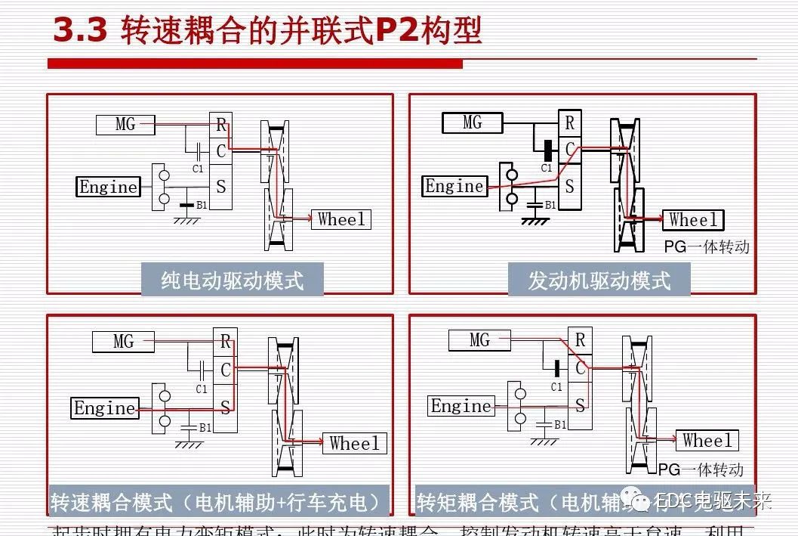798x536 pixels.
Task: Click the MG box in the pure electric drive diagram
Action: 125,124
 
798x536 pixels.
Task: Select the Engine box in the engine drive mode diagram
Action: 454,186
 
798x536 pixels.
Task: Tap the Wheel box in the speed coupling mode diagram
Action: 354,443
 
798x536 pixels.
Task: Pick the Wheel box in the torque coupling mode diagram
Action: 707,440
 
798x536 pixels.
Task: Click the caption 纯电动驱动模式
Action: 232,280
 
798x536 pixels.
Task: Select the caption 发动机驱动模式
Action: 599,280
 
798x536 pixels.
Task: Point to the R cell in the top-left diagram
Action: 220,124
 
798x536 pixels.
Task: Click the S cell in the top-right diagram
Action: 569,186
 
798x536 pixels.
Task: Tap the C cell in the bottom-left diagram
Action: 225,370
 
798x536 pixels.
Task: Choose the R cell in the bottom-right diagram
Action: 580,340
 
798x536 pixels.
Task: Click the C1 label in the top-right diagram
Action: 547,169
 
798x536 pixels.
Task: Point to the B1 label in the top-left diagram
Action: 202,205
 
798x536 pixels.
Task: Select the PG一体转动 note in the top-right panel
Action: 707,246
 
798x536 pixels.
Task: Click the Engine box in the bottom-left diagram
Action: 104,408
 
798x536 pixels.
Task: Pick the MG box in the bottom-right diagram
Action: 479,340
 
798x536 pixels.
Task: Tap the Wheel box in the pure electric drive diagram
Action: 340,219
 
